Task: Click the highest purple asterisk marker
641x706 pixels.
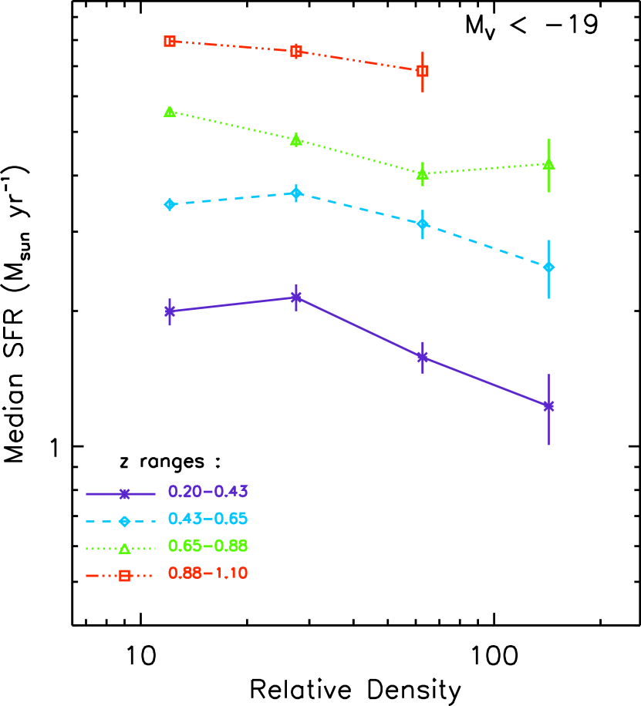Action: click(295, 298)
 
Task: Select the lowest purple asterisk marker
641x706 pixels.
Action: click(548, 406)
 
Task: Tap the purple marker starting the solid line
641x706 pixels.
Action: click(170, 311)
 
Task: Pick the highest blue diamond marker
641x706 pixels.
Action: click(296, 193)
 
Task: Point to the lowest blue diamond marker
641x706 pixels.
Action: click(548, 267)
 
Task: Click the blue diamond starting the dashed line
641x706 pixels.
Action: click(170, 204)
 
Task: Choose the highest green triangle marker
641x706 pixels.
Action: click(170, 112)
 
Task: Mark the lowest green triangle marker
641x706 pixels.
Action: click(422, 173)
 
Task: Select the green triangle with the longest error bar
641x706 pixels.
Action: click(548, 163)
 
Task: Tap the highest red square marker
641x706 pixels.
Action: click(170, 41)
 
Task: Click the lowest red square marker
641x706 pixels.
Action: click(422, 71)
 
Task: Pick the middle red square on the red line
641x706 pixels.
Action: click(295, 52)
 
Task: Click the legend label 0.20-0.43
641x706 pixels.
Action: click(207, 492)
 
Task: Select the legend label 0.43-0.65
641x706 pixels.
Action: click(207, 519)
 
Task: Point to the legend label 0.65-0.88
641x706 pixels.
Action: click(207, 546)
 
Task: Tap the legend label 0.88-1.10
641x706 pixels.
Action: click(207, 573)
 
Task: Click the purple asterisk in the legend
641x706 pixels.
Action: click(124, 494)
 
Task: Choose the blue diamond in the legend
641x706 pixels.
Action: click(124, 521)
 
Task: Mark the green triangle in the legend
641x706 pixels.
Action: click(124, 549)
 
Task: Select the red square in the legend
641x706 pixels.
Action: click(124, 576)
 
